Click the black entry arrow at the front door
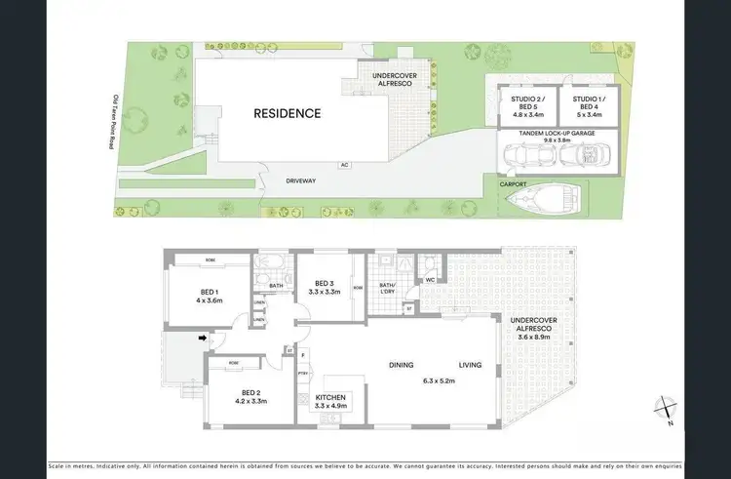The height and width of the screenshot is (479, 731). pyautogui.click(x=202, y=339)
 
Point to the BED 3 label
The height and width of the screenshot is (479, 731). pyautogui.click(x=323, y=282)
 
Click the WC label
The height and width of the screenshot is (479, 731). pyautogui.click(x=430, y=280)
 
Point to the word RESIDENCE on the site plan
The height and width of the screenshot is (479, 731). pyautogui.click(x=288, y=113)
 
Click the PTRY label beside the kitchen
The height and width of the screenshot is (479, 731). pyautogui.click(x=302, y=373)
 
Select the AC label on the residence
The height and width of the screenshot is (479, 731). pyautogui.click(x=344, y=165)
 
